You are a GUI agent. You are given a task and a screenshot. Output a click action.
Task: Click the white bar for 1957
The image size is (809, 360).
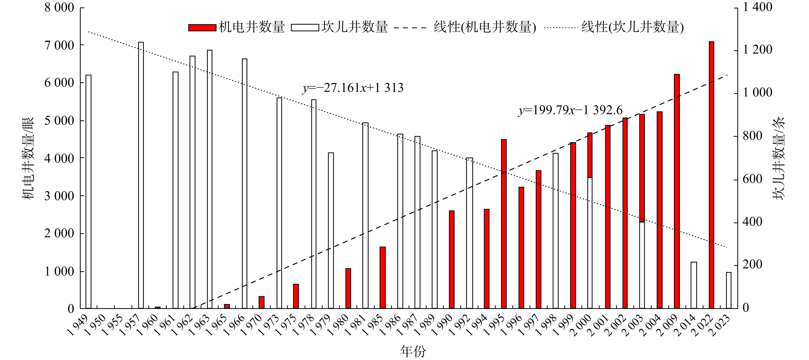click(141, 175)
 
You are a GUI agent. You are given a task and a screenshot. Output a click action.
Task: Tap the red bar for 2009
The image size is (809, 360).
click(677, 191)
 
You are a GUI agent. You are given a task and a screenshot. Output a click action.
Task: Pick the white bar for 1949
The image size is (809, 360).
click(89, 191)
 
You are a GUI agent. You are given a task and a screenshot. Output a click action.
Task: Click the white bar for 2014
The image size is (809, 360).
click(694, 285)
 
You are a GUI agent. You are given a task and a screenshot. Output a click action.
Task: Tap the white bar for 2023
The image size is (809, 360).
click(729, 290)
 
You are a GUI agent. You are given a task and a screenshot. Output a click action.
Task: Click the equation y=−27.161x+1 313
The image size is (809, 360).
click(353, 88)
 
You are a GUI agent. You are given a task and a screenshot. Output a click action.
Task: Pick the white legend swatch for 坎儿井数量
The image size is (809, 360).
click(305, 28)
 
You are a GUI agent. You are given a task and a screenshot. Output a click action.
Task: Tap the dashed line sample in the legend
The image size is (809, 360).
click(410, 28)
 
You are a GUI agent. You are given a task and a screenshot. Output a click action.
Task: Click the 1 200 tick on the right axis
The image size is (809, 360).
click(757, 50)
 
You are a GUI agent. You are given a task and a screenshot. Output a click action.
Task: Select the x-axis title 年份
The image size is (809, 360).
click(413, 351)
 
